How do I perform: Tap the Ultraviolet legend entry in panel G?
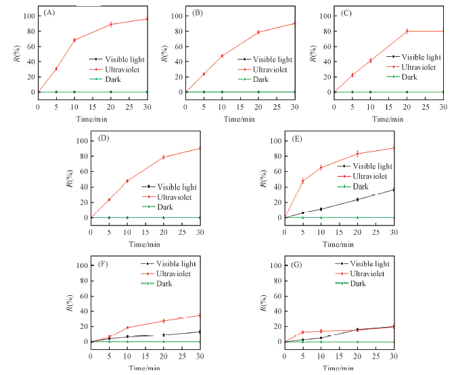365,273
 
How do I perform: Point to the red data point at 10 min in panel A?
74,40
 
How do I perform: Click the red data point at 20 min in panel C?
407,30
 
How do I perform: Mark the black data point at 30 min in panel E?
394,190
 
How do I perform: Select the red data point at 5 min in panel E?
302,181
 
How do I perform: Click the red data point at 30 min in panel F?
200,315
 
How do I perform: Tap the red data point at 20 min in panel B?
258,32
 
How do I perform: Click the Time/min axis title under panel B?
240,119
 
